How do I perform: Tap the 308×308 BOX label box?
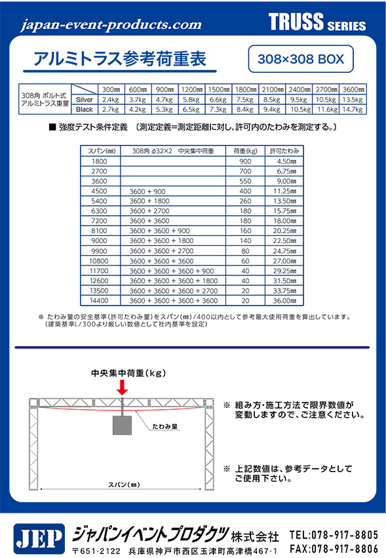pos(301,58)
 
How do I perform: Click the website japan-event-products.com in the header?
pos(111,25)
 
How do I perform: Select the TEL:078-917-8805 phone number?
pos(333,534)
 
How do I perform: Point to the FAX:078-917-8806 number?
pos(333,548)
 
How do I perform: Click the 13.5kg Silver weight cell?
pos(353,100)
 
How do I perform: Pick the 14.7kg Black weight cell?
pos(353,110)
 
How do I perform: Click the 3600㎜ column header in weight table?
pos(353,89)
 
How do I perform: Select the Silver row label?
pos(85,100)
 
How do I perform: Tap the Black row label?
pos(85,110)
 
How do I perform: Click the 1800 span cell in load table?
pos(99,161)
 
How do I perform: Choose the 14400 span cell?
pos(99,300)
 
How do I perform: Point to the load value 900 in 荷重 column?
pos(245,161)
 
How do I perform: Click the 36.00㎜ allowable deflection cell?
pos(284,300)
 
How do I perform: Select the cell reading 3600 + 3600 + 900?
pos(160,231)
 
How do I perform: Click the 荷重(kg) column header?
pos(245,151)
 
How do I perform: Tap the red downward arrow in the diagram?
pos(122,388)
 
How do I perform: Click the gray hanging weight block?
pos(123,424)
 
